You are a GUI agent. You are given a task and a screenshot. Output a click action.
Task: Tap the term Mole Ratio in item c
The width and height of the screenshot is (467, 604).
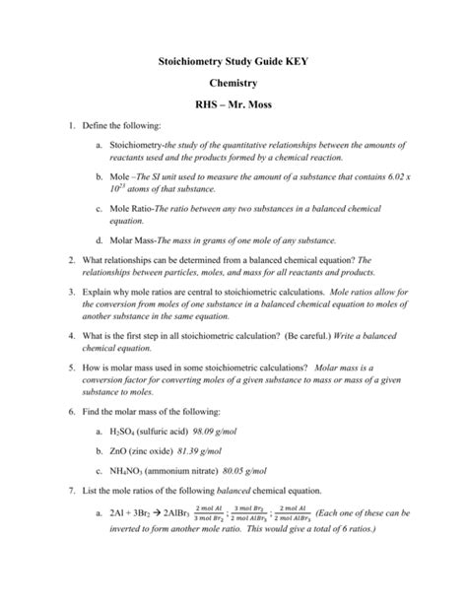click(x=134, y=210)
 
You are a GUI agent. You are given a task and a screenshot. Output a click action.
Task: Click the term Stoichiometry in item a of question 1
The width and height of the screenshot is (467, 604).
click(x=145, y=146)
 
